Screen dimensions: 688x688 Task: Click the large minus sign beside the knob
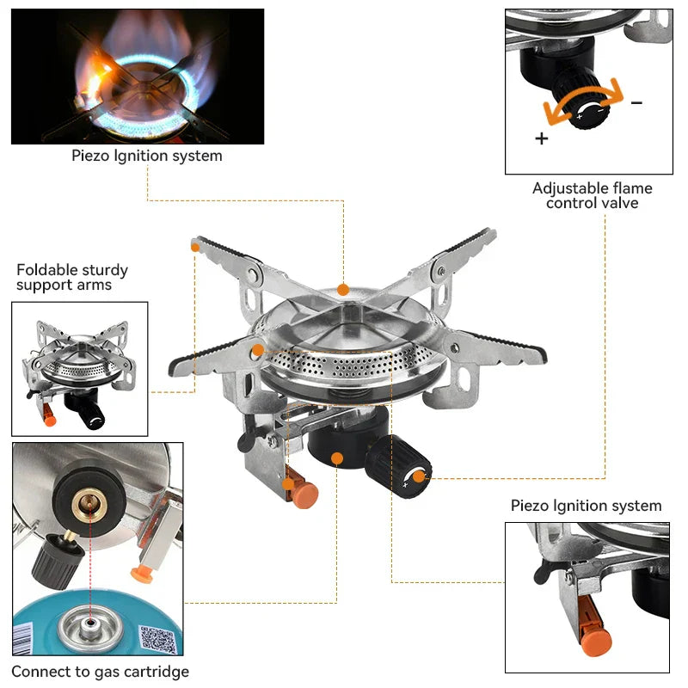point(636,102)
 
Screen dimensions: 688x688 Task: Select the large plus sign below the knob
point(541,138)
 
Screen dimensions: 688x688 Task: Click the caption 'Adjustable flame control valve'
point(593,195)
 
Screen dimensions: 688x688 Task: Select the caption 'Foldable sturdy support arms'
point(64,277)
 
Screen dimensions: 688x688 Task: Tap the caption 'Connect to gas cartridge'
point(100,672)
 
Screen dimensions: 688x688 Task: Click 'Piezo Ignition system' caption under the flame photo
point(146,156)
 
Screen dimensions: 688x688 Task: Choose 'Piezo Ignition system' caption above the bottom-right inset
point(587,506)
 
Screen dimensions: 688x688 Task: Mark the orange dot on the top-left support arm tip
point(196,247)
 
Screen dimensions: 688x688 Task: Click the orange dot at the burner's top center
point(343,290)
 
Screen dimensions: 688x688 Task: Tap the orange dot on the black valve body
point(338,459)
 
